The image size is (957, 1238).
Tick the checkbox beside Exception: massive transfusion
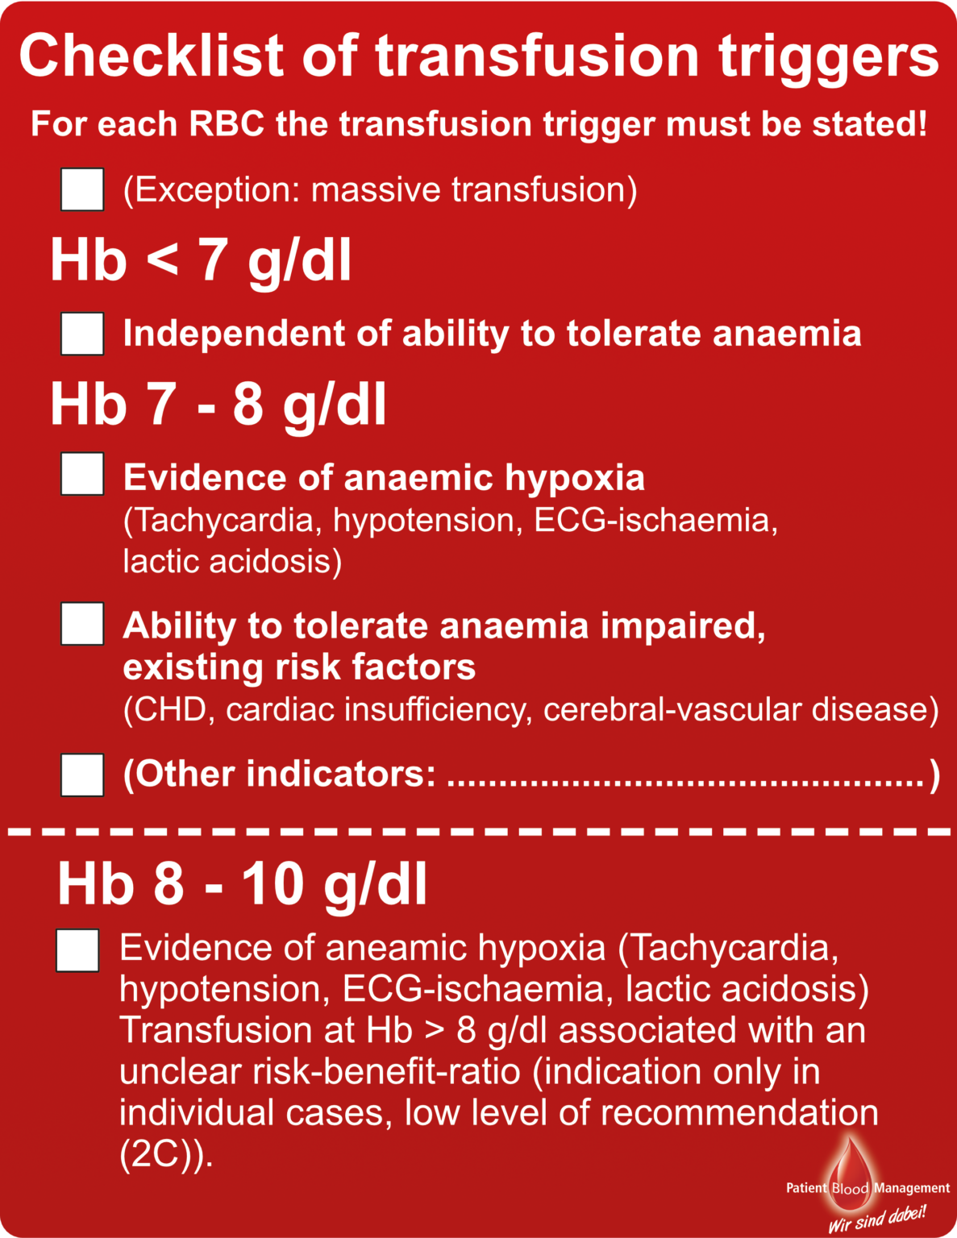(x=82, y=189)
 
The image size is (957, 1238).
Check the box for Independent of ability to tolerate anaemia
(x=82, y=334)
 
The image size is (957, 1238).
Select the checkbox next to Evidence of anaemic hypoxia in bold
(x=82, y=474)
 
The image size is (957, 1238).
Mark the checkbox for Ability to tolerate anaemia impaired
(x=82, y=624)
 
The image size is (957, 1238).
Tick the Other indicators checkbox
(x=82, y=775)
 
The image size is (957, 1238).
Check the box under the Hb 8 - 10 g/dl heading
(x=77, y=950)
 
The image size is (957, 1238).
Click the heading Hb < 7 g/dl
(x=201, y=260)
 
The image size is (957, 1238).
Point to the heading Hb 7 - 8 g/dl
(x=218, y=405)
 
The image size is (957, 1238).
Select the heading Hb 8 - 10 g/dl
(x=242, y=884)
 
